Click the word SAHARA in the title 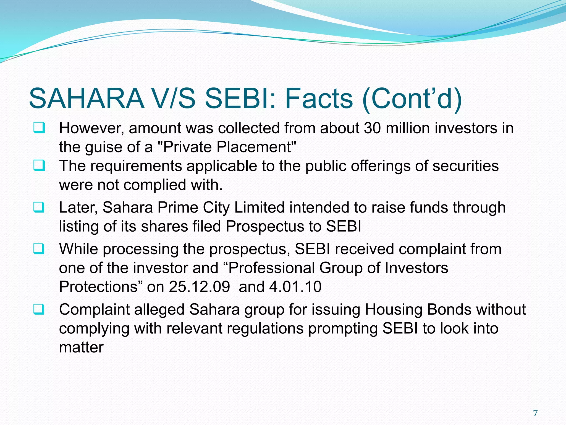[x=87, y=99]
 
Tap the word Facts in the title [x=319, y=99]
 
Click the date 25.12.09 [x=199, y=287]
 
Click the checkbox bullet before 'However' [x=39, y=128]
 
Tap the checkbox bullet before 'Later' [x=39, y=207]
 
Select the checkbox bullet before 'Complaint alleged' [x=39, y=309]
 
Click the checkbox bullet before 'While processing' [x=39, y=248]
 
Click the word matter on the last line [x=81, y=348]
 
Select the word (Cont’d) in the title [x=412, y=99]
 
